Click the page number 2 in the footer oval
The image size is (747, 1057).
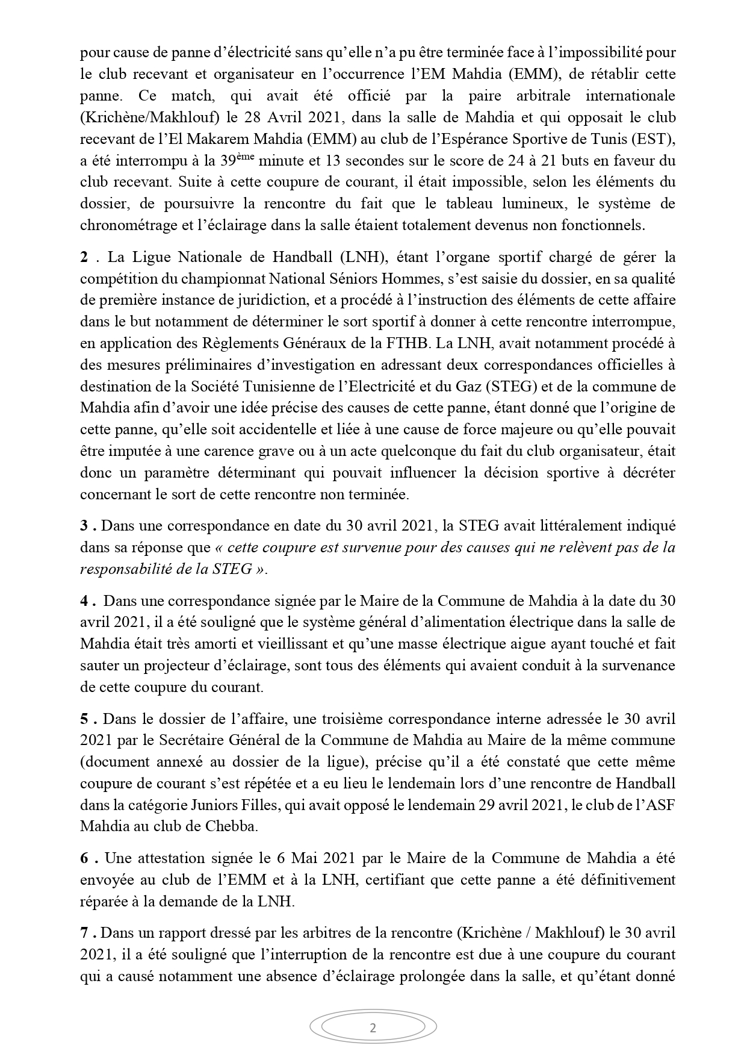coord(373,1028)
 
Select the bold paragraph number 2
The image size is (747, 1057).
coord(84,257)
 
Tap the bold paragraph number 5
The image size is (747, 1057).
coord(84,719)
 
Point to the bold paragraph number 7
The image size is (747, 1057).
coord(84,933)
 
